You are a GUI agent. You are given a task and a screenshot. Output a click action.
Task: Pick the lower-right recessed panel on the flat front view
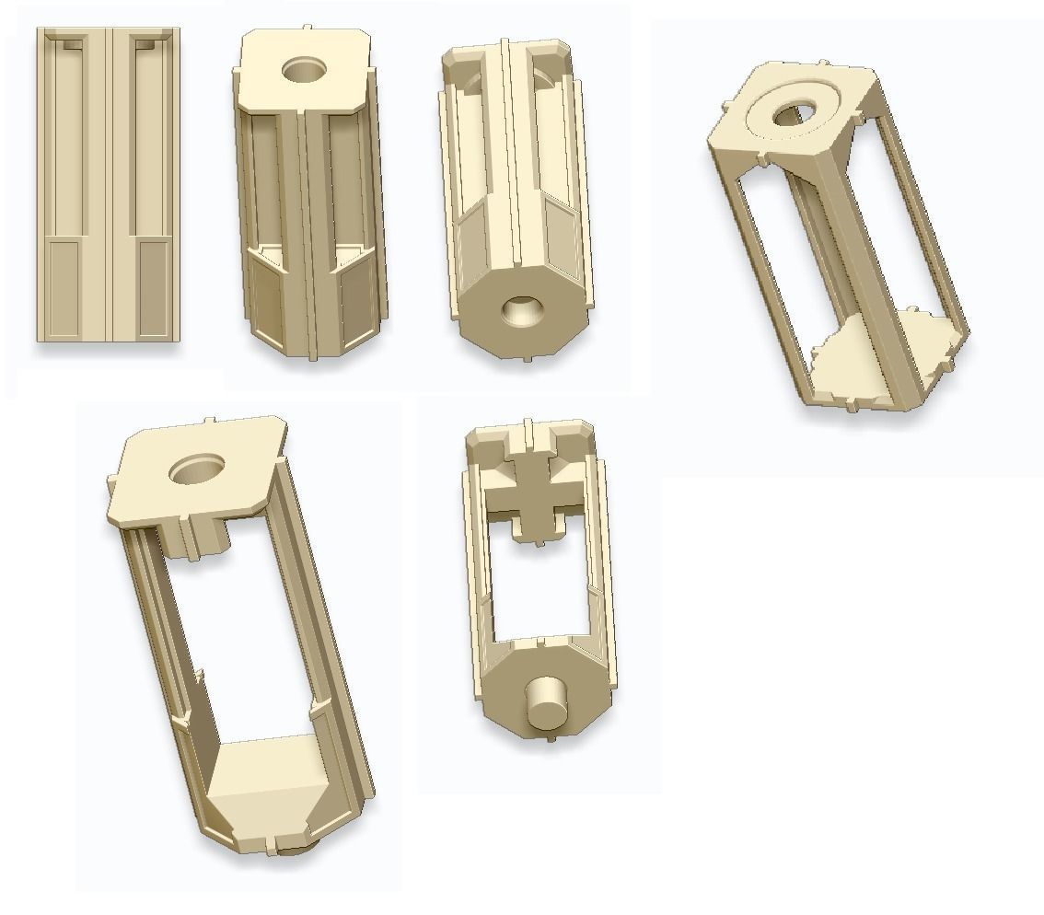pos(153,285)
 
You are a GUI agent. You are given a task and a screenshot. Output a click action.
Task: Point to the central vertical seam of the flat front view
pos(109,184)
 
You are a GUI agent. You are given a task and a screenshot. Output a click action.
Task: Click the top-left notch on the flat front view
pos(73,43)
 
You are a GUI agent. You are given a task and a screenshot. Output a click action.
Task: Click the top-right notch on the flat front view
pos(145,43)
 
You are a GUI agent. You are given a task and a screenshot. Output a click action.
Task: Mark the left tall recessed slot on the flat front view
pos(65,138)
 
